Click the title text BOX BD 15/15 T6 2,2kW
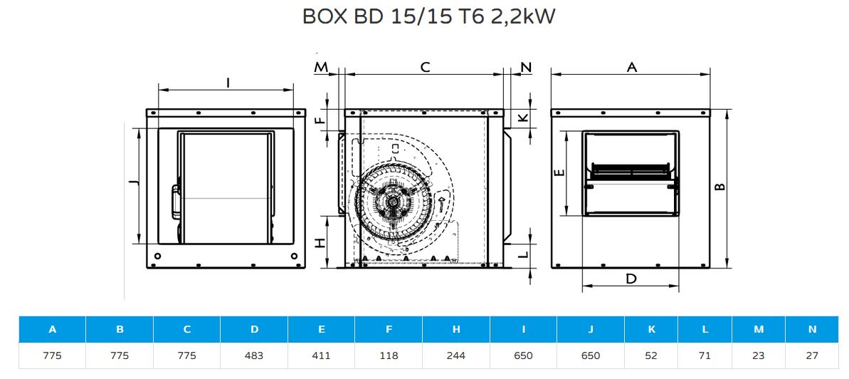click(428, 17)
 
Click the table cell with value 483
click(254, 355)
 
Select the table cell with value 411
click(322, 355)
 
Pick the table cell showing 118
click(389, 355)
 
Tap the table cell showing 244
click(456, 355)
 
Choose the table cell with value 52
click(651, 355)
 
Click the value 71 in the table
click(705, 355)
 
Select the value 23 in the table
click(759, 355)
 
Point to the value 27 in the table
click(812, 355)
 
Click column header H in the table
click(456, 329)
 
